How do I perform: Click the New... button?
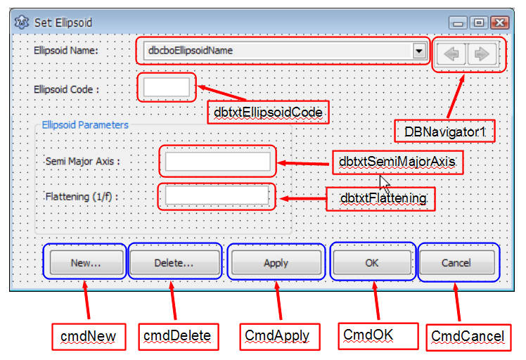pos(85,263)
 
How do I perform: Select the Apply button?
pos(276,263)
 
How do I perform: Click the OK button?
pos(372,263)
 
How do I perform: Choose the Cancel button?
pos(456,263)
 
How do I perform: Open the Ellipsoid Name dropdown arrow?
pos(419,51)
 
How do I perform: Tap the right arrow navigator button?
pos(482,54)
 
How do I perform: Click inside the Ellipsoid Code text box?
pos(167,88)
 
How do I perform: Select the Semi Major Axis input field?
pos(217,162)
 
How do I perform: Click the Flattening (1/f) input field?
pos(217,195)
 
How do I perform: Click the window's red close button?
pos(499,23)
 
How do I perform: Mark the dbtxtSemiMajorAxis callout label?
pos(397,162)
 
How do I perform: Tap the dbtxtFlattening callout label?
pos(383,198)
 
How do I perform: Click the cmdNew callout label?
pos(85,336)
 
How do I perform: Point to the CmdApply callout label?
pos(276,336)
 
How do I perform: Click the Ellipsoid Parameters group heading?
pos(85,125)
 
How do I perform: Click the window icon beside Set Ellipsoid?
pos(23,23)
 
